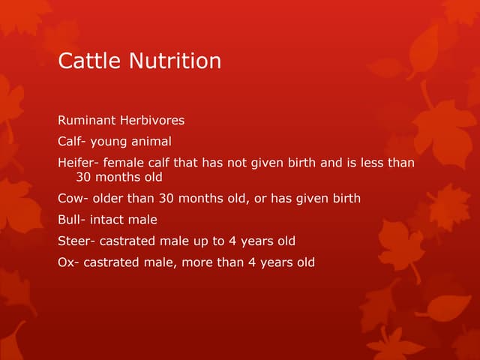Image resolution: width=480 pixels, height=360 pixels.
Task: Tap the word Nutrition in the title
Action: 175,60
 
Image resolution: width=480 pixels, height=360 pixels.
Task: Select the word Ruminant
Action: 87,120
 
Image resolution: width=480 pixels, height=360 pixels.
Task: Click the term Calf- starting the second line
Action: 72,141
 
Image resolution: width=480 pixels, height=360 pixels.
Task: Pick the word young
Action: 109,141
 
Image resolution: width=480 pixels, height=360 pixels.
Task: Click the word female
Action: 124,162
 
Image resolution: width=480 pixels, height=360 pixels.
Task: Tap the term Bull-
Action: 72,220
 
